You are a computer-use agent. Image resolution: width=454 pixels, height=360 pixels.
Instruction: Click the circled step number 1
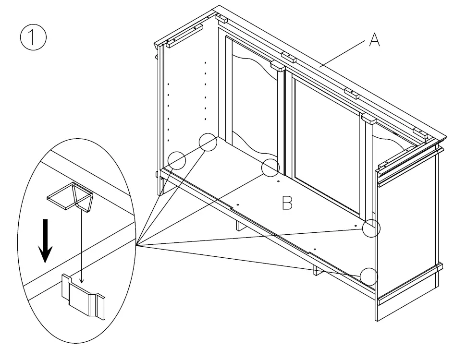(33, 39)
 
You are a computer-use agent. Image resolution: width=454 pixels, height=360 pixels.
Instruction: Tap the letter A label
(374, 41)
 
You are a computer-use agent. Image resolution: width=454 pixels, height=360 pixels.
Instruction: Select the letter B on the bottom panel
(287, 204)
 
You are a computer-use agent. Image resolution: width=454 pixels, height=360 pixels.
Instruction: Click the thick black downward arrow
(45, 240)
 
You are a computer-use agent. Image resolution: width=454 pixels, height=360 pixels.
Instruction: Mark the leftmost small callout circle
(177, 160)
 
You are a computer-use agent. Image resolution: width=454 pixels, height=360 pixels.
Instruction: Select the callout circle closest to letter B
(270, 167)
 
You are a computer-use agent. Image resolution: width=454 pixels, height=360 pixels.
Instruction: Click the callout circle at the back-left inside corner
(208, 142)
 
